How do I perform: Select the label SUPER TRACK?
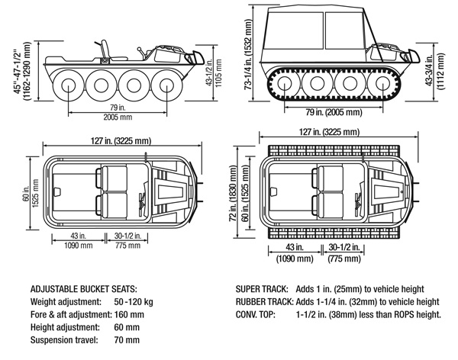[x=262, y=291]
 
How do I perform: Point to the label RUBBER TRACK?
[x=264, y=303]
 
